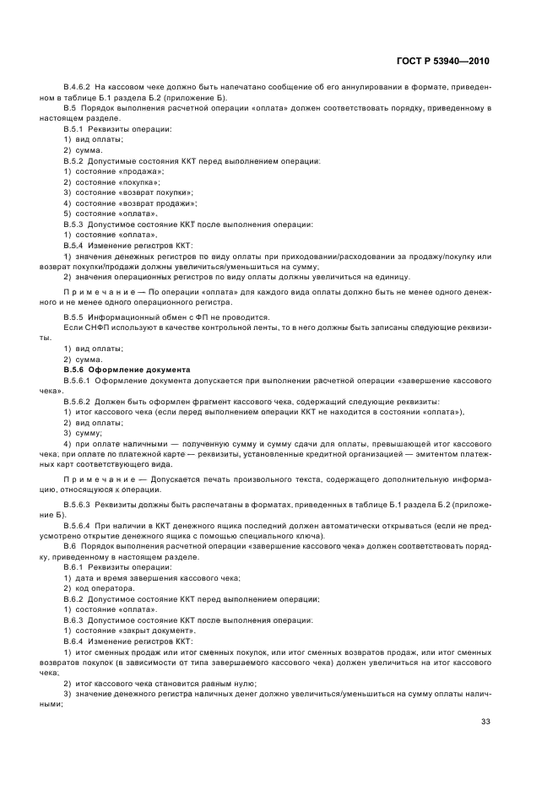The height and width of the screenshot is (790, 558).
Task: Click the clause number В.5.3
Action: [x=75, y=224]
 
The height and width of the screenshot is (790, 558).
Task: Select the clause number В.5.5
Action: [x=75, y=317]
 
